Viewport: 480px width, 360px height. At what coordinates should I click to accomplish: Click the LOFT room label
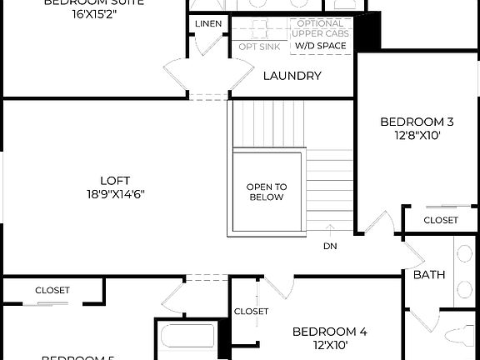click(115, 180)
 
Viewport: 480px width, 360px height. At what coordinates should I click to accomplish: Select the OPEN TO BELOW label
click(266, 192)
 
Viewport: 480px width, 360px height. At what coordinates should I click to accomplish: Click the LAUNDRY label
click(292, 76)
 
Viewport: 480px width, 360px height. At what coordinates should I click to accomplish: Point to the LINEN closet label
click(208, 23)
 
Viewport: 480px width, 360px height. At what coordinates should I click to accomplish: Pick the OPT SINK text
click(259, 46)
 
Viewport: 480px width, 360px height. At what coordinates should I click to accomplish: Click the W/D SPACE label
click(321, 46)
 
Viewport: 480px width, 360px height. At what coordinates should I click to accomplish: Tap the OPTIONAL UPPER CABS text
click(321, 27)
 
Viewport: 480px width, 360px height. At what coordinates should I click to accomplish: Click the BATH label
click(429, 274)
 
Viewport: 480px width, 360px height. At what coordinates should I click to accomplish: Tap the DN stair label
click(330, 246)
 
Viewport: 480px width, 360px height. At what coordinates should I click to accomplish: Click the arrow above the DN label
click(330, 231)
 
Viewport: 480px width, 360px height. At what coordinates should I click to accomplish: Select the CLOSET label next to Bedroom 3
click(440, 220)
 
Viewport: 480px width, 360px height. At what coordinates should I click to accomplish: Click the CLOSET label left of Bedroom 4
click(251, 311)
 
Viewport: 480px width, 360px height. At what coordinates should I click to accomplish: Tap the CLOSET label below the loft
click(52, 290)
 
